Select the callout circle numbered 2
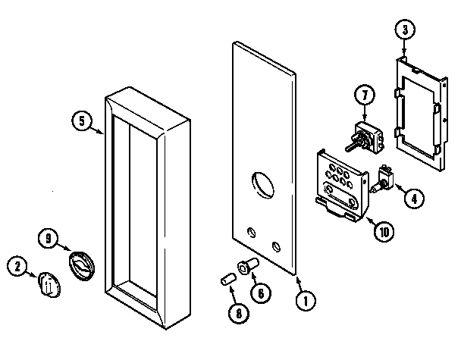(x=17, y=266)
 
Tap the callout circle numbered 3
(x=405, y=30)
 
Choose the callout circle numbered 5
(x=81, y=121)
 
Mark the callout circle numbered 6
(x=261, y=292)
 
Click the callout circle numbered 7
(x=364, y=97)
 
